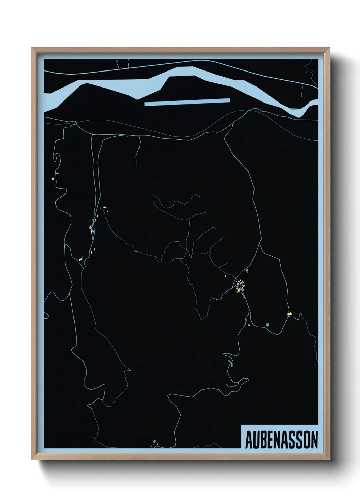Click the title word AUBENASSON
click(x=281, y=440)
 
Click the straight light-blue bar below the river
click(x=187, y=102)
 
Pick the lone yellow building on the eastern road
click(x=290, y=314)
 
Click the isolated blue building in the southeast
click(x=268, y=325)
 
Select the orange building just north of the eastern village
click(x=247, y=271)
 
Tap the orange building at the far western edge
click(x=58, y=173)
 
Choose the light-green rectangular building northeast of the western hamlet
click(x=105, y=207)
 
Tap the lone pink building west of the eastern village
click(x=226, y=276)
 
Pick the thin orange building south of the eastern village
click(x=246, y=320)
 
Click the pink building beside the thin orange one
click(x=249, y=325)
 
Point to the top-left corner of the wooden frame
click(x=32, y=48)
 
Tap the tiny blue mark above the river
click(x=117, y=62)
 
